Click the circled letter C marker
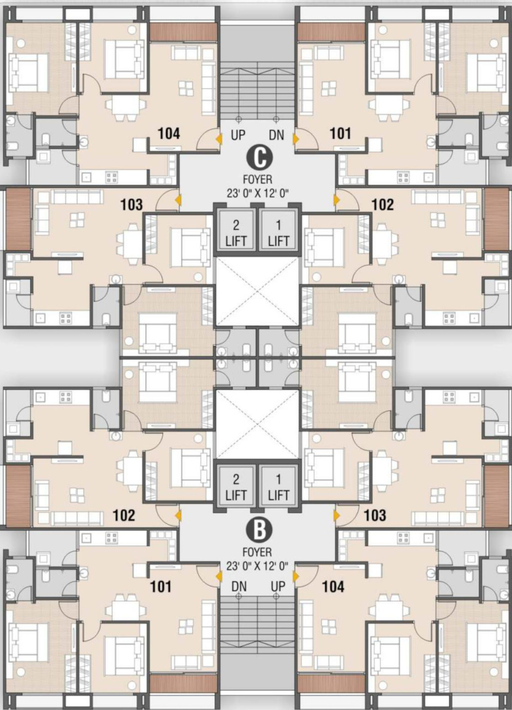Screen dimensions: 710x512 259,158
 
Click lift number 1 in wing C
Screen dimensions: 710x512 278,230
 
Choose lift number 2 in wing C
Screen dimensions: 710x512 236,230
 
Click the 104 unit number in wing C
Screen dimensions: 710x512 169,134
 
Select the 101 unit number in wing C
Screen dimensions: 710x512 341,134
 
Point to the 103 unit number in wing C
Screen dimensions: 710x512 132,205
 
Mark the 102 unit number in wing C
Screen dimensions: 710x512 383,205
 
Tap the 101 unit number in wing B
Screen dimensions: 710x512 161,587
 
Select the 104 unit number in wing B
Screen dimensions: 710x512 333,587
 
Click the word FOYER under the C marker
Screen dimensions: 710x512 257,179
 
